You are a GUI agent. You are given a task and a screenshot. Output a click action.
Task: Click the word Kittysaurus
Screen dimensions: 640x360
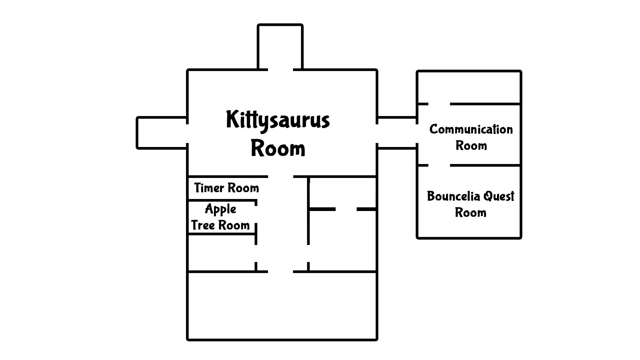278,120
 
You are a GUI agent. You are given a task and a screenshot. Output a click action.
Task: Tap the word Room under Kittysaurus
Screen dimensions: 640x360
278,149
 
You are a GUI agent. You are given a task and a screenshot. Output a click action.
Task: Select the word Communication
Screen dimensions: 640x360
471,129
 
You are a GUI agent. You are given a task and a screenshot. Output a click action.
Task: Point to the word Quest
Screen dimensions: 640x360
499,197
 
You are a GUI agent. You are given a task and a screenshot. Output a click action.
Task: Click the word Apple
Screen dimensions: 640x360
220,209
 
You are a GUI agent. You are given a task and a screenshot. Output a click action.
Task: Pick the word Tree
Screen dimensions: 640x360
203,225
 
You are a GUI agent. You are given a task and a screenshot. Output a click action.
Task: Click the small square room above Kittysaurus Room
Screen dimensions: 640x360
280,47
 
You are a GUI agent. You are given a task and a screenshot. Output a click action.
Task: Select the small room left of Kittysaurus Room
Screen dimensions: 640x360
162,133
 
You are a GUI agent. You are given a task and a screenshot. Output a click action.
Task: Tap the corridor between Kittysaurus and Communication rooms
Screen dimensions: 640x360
397,133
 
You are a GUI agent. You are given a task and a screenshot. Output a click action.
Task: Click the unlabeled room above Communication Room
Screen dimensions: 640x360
469,87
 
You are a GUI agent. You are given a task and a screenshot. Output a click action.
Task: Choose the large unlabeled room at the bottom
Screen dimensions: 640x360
282,305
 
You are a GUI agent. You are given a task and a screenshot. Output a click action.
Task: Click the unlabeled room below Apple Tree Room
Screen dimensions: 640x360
221,253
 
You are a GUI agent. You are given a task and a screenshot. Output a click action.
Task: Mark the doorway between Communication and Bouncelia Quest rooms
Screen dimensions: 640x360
439,165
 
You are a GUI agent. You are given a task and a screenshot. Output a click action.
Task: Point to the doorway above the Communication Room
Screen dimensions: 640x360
439,104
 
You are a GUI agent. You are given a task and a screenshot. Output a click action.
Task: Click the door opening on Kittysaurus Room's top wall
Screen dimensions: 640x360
280,70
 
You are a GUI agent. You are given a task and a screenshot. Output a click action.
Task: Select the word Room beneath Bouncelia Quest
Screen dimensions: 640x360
470,213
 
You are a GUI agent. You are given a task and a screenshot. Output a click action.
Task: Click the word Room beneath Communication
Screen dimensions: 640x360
471,146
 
